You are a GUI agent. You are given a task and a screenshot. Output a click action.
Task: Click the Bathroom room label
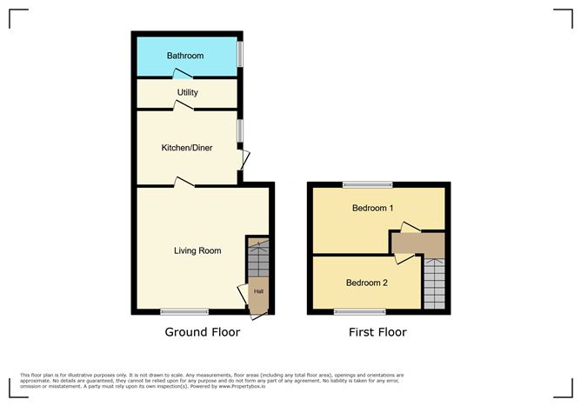pos(185,56)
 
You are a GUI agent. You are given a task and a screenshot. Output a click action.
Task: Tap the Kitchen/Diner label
pos(187,147)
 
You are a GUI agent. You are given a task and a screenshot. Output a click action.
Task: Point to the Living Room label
pos(197,250)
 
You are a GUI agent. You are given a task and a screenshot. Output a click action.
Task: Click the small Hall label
pos(258,292)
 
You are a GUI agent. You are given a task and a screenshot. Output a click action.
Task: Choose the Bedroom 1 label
pos(372,209)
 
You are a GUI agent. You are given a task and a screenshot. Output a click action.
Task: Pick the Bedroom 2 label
pos(366,283)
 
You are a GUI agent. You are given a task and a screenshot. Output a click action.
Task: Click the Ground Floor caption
pos(202,332)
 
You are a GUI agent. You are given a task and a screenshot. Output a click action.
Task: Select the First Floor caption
pos(377,332)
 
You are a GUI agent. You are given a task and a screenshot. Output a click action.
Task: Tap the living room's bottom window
pos(184,311)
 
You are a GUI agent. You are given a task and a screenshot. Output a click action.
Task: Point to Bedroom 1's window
pos(366,183)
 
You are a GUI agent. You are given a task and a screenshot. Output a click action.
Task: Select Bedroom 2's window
pos(359,311)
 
